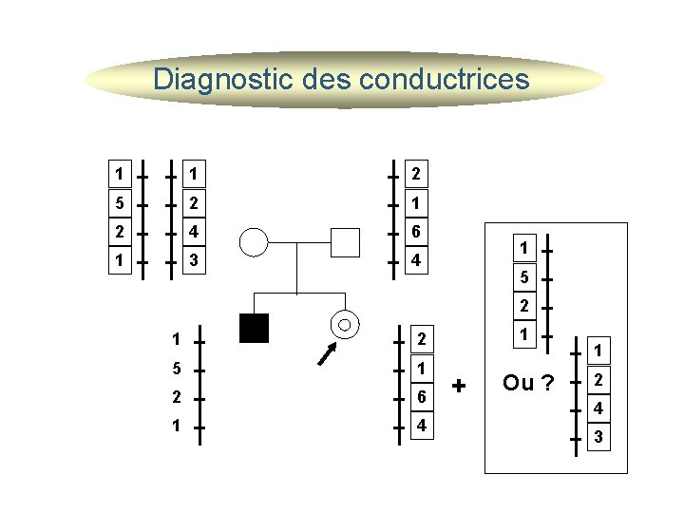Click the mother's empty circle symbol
(255, 242)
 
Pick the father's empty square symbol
(345, 242)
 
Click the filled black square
(255, 327)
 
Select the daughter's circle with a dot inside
(344, 325)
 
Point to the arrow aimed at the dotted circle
(328, 354)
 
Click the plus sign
(461, 386)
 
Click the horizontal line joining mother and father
(299, 242)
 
